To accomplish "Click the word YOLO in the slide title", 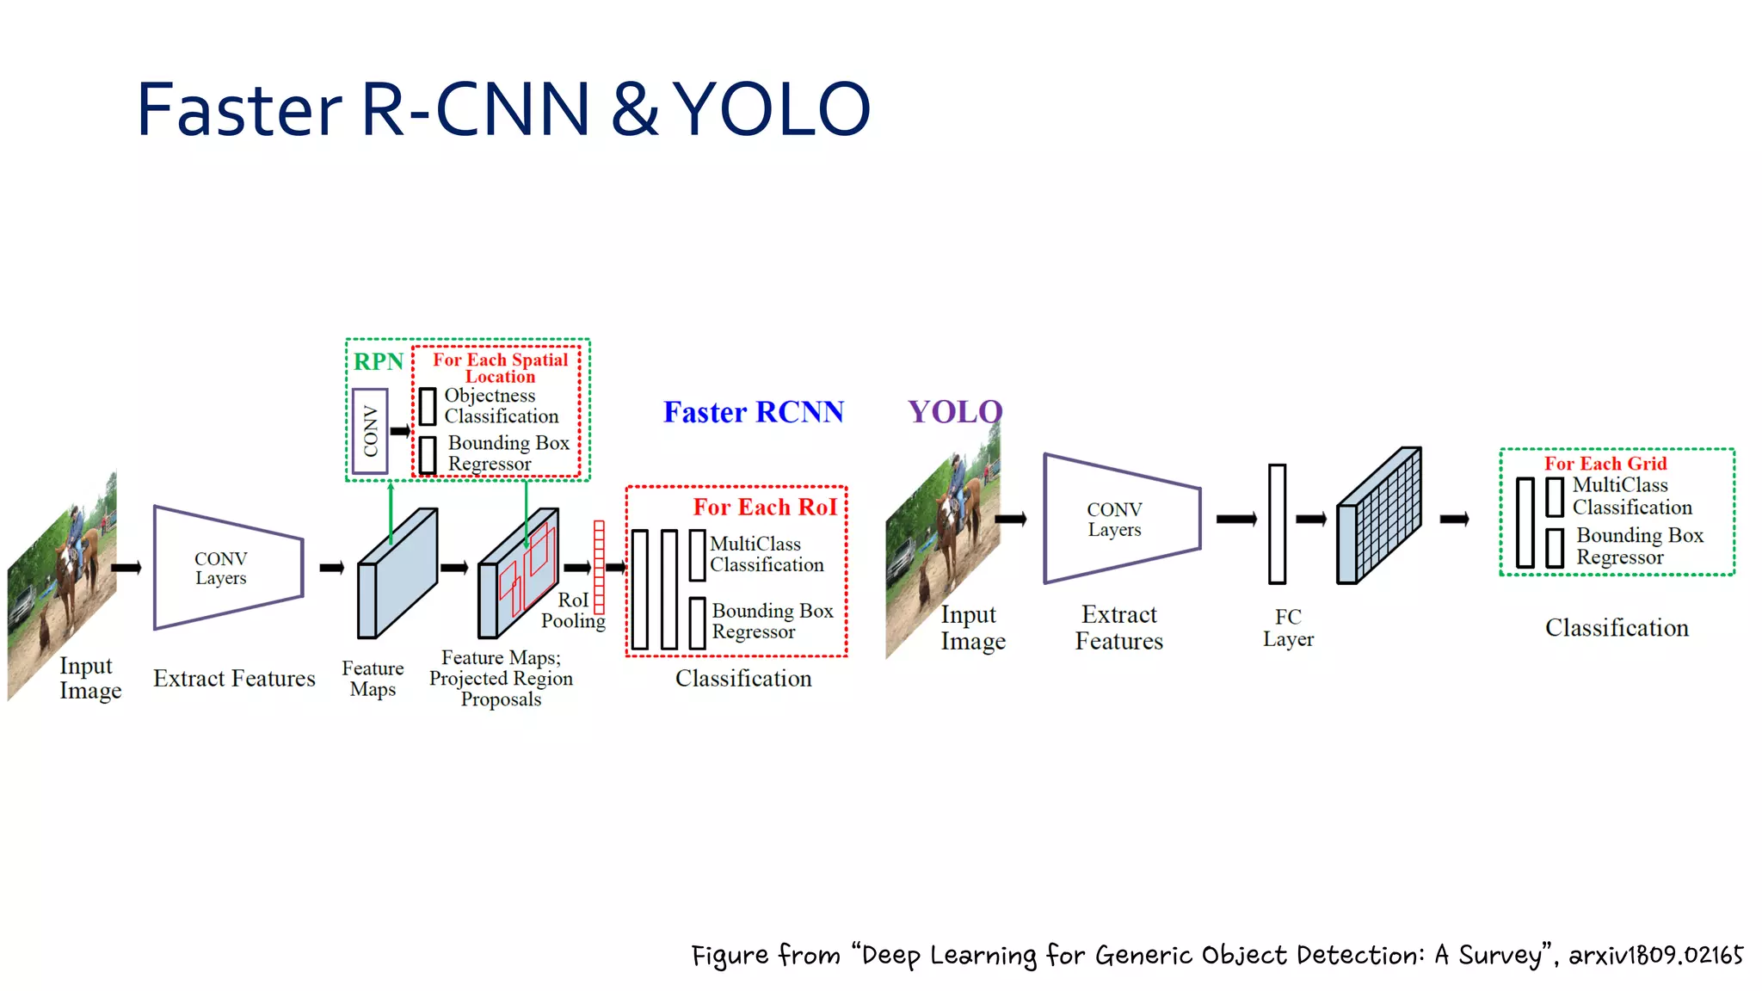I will (x=772, y=110).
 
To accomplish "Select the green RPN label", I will (x=378, y=361).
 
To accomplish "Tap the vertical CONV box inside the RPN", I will (x=370, y=431).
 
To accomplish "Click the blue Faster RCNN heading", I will (x=753, y=412).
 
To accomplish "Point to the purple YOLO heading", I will (x=954, y=412).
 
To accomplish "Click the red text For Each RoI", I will (x=765, y=507).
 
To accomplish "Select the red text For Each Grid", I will (x=1605, y=464).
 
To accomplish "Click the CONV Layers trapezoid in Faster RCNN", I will (x=228, y=568).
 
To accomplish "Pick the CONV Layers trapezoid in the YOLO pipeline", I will (x=1121, y=519).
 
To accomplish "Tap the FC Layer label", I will (x=1288, y=628).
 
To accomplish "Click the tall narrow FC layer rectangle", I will (x=1277, y=523).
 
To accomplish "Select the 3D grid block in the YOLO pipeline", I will (x=1378, y=516).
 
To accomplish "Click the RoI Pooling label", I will (x=573, y=610).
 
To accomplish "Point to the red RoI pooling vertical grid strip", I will (x=599, y=567).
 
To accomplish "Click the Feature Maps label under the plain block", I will (x=373, y=679).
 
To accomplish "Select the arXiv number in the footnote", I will (x=1655, y=955).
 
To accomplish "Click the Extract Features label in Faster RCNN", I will (x=234, y=679).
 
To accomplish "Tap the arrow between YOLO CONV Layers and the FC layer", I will (x=1236, y=519).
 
